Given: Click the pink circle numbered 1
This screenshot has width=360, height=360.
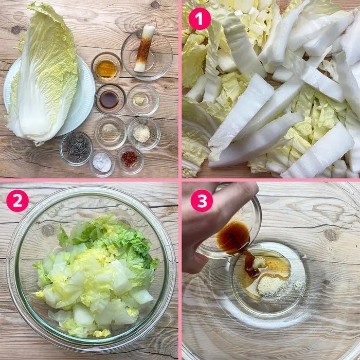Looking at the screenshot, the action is tap(200, 19).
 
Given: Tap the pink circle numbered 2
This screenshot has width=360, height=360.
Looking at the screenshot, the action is tap(17, 201).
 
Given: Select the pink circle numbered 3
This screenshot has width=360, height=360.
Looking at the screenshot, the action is tap(202, 201).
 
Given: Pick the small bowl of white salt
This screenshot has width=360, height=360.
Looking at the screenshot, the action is tap(102, 163).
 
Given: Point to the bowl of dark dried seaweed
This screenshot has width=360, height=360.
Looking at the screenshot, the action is tap(76, 148).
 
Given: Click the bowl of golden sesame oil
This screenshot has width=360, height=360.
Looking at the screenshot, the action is tap(106, 67).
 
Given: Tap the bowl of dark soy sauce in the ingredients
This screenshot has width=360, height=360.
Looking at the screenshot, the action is tap(110, 99).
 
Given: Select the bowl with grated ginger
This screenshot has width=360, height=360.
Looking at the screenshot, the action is tap(143, 100).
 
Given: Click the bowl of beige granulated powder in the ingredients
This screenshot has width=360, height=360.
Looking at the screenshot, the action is tap(143, 133).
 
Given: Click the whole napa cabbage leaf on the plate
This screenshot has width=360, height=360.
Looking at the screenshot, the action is tap(44, 74).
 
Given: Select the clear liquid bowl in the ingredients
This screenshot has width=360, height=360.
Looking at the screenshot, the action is tap(110, 133).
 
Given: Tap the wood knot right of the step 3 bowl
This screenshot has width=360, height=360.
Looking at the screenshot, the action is tap(331, 235).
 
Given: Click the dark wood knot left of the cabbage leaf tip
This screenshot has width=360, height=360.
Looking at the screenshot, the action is tap(16, 30).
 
